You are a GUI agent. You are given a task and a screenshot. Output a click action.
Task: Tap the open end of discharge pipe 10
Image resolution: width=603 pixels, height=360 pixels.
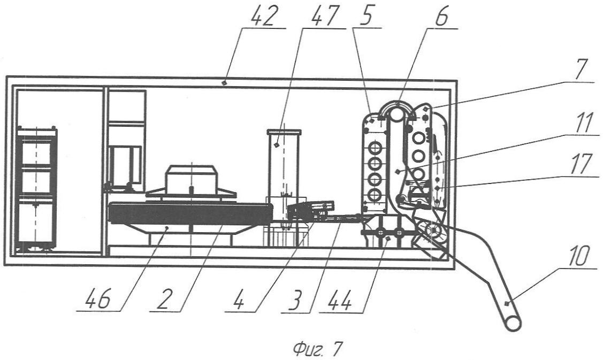coord(513,324)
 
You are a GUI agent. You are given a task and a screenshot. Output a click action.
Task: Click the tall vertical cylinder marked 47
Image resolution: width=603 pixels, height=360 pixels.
coord(284,169)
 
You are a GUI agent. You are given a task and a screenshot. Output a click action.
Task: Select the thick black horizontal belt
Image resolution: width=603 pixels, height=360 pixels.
coord(190,213)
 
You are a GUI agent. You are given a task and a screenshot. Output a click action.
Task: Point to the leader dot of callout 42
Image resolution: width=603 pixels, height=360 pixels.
coord(225,82)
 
